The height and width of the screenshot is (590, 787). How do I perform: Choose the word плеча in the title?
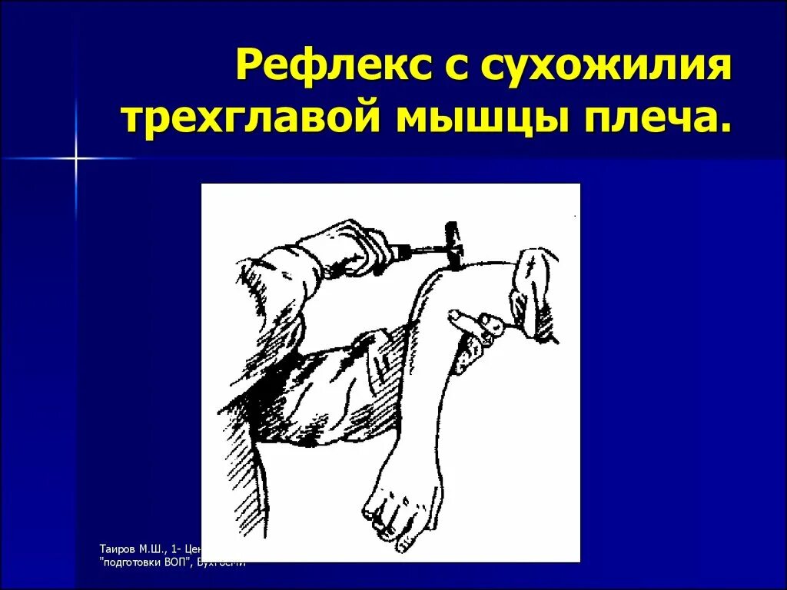pyautogui.click(x=647, y=121)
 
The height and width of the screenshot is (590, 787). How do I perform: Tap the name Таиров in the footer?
pyautogui.click(x=116, y=549)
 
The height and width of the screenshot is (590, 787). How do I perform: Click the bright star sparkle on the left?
pyautogui.click(x=76, y=158)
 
